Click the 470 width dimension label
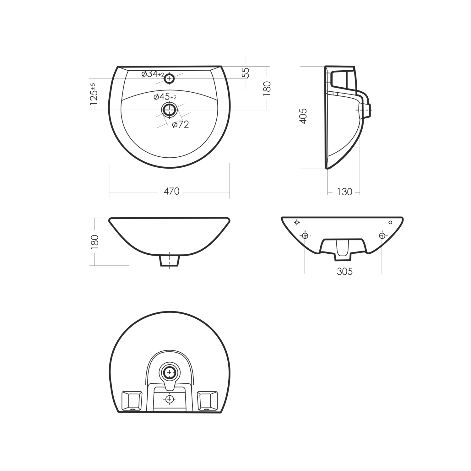click(171, 191)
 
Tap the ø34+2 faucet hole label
click(153, 74)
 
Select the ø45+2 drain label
click(165, 97)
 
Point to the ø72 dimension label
click(181, 125)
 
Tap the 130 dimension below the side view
click(344, 192)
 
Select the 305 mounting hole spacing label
click(344, 271)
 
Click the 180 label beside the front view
click(95, 242)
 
